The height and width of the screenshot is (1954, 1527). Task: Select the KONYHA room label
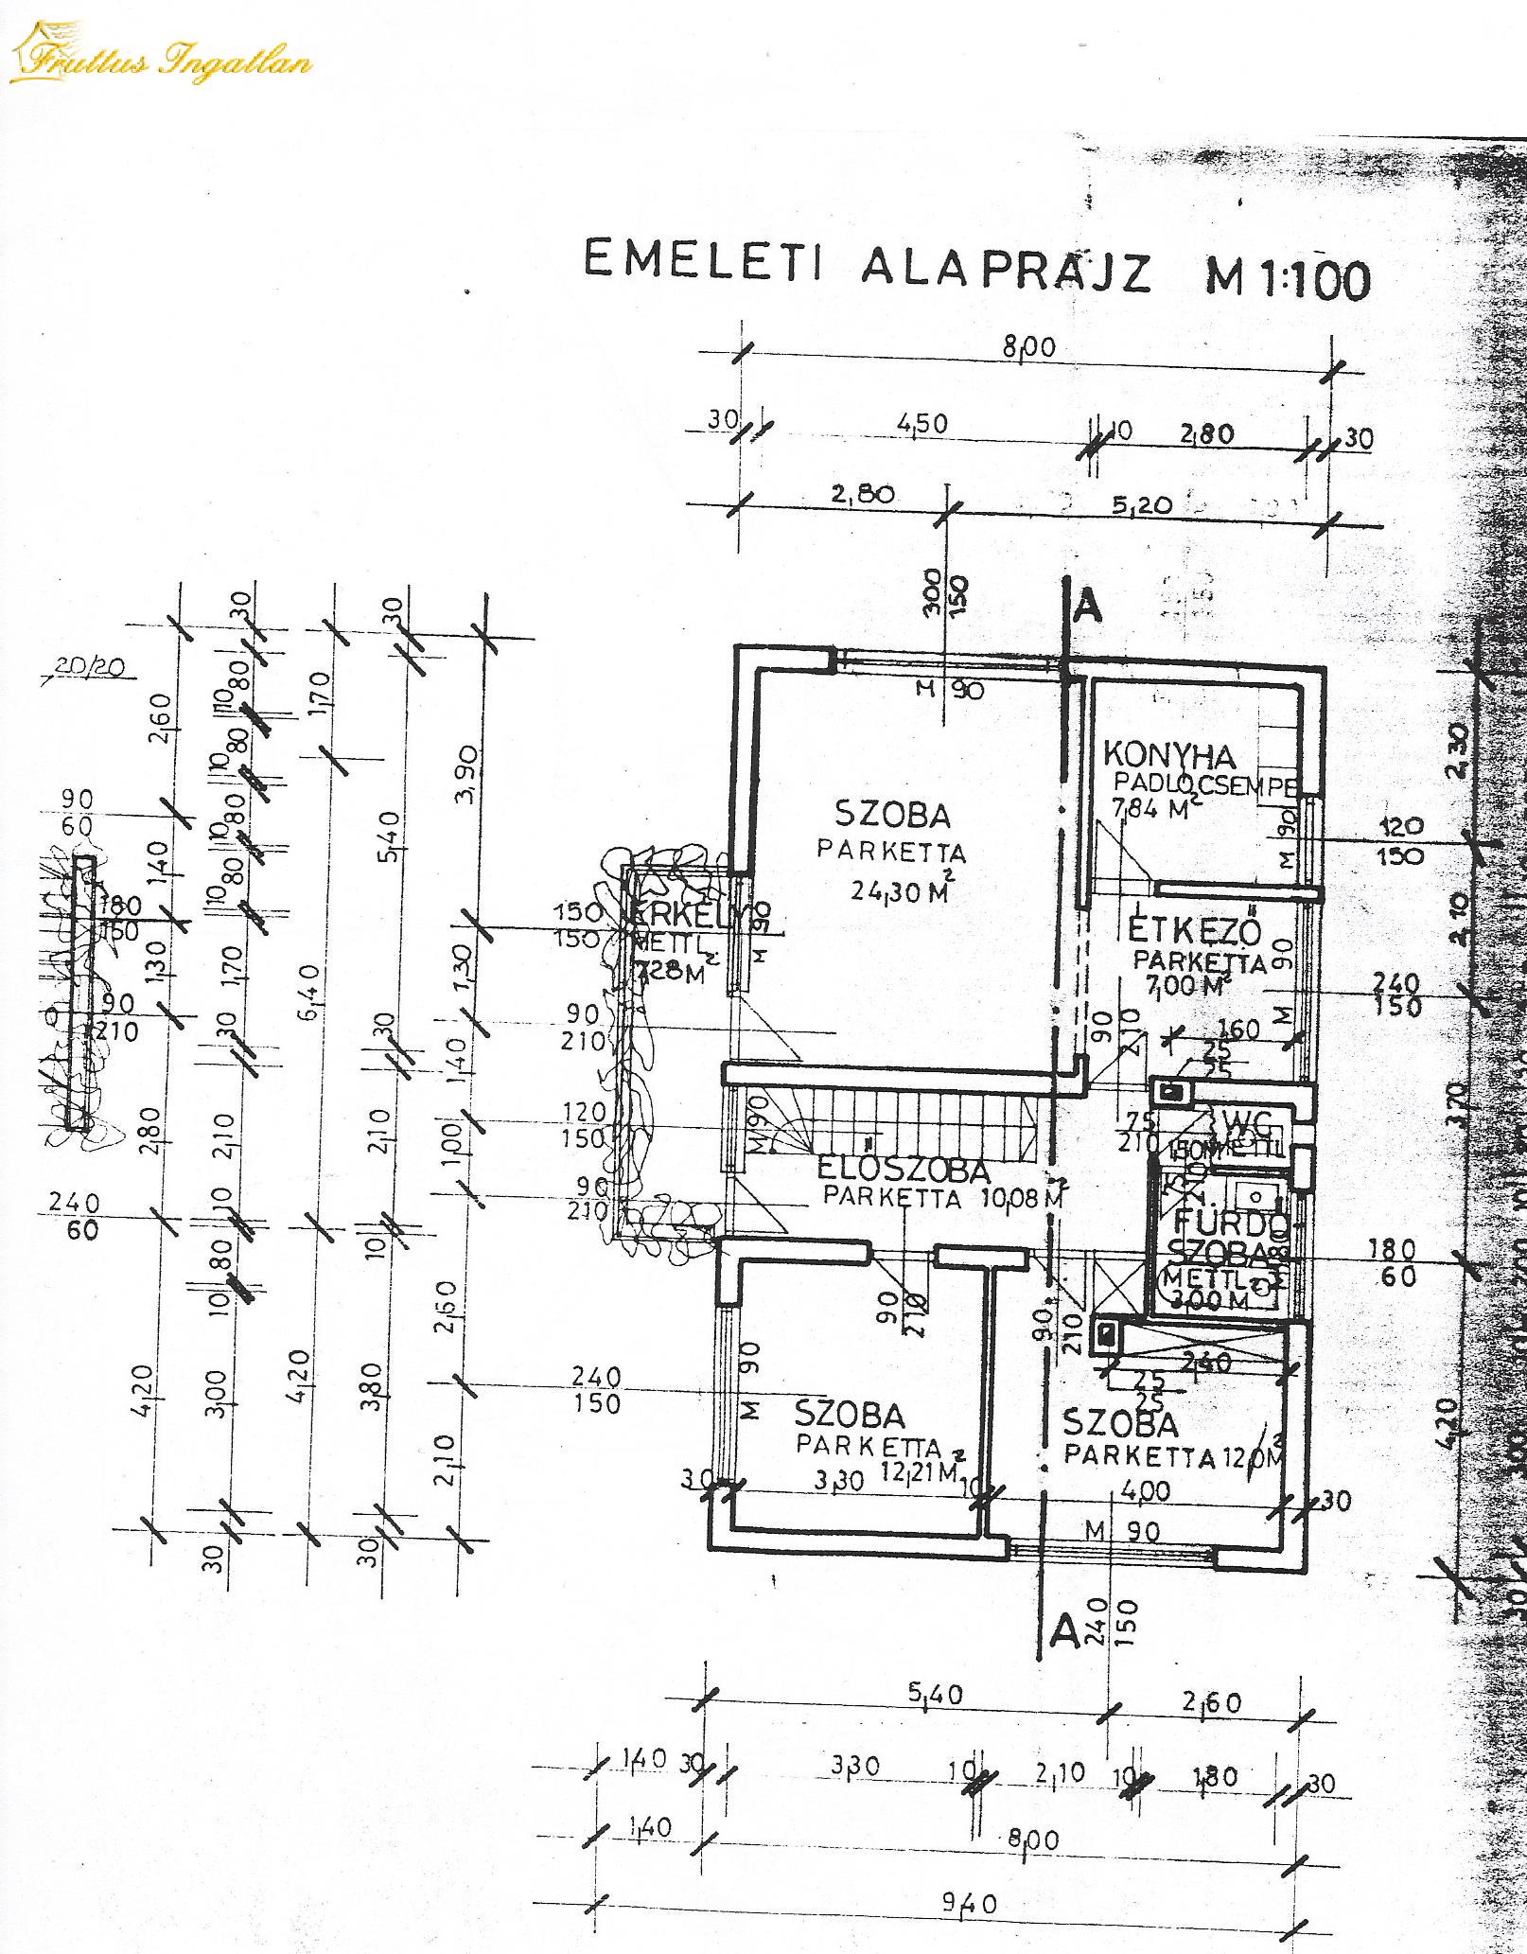[1169, 756]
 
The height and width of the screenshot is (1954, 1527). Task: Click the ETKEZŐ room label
[1195, 931]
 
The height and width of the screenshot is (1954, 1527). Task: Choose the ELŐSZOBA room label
[903, 1171]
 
